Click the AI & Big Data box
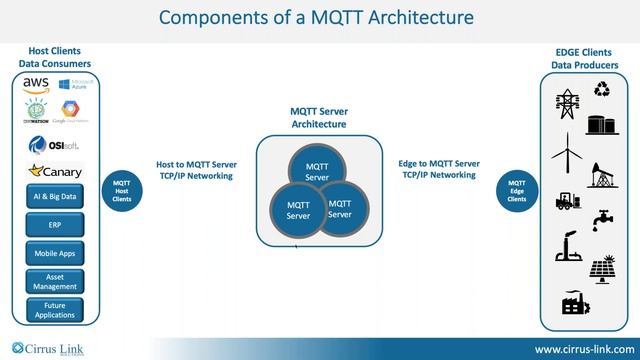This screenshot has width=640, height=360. (x=54, y=198)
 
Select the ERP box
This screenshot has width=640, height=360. (x=54, y=226)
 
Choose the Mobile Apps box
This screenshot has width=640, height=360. (x=54, y=254)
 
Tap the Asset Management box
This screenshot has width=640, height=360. (x=54, y=282)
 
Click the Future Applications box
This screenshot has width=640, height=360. (x=54, y=309)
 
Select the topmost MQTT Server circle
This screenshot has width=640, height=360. (x=317, y=171)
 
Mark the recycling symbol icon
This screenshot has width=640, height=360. (x=602, y=90)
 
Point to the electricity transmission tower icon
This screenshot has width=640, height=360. (x=567, y=104)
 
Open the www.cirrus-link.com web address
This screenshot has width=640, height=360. (x=581, y=349)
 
